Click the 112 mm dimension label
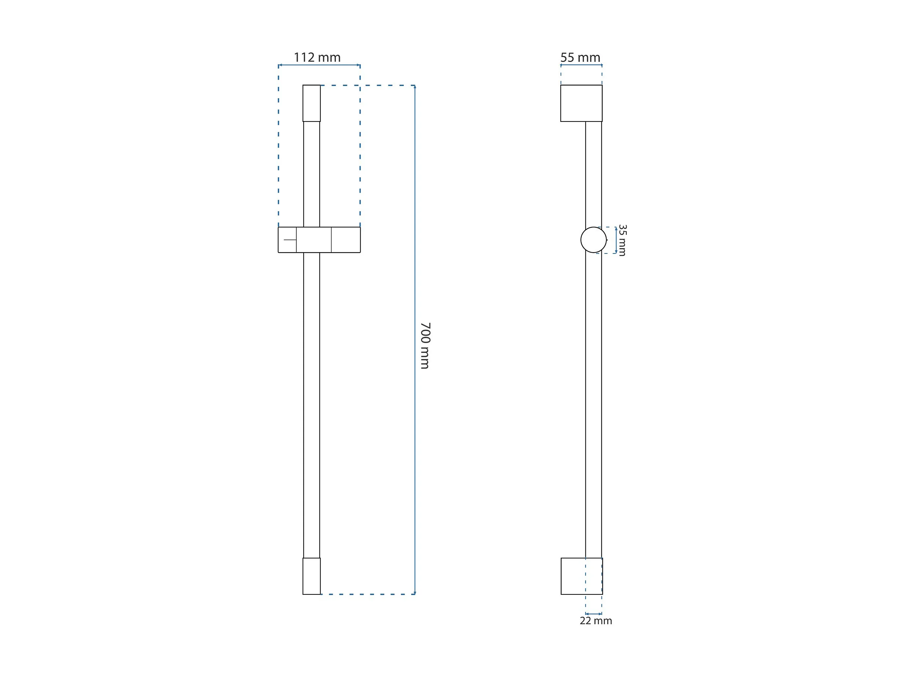click(x=317, y=58)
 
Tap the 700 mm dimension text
click(x=425, y=346)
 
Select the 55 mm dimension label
click(x=580, y=58)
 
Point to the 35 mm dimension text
click(x=622, y=240)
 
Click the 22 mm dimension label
click(x=596, y=621)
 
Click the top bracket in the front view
click(x=312, y=103)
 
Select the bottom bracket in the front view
click(x=312, y=576)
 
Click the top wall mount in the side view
click(x=581, y=103)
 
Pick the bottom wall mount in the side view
click(x=582, y=576)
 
